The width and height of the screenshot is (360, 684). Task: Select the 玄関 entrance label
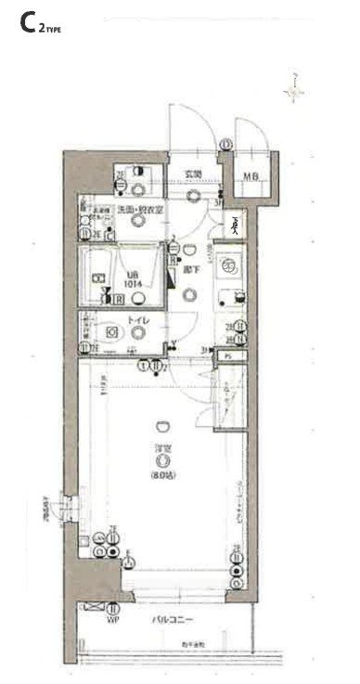click(x=192, y=174)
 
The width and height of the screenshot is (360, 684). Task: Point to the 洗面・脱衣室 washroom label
click(x=140, y=211)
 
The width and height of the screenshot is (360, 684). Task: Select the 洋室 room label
click(x=162, y=449)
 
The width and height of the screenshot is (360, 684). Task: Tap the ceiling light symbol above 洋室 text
click(x=162, y=425)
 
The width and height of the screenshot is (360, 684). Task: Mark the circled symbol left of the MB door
click(x=226, y=144)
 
